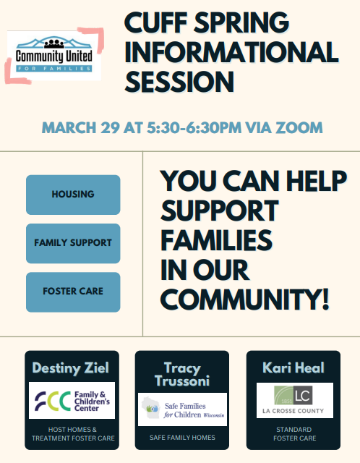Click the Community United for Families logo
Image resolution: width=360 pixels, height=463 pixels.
pos(54,56)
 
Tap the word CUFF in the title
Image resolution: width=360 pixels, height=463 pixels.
pos(156,22)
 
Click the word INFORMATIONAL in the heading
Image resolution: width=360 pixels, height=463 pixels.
pos(231,52)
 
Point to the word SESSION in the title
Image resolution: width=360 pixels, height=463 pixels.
pos(179,82)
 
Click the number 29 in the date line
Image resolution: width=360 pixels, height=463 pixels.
pos(111,128)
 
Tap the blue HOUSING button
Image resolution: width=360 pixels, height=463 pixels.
pos(73,195)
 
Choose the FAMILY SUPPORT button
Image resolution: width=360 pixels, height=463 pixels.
pos(73,243)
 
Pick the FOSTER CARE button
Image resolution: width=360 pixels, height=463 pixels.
pos(73,292)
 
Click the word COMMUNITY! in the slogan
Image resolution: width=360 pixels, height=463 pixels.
pos(244,299)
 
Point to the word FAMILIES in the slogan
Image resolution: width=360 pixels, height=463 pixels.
pos(216,240)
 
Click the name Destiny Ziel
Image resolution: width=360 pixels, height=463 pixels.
pos(71,368)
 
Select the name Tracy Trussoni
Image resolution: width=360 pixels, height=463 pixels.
pos(182,375)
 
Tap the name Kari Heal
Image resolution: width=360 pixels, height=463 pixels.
pos(293,368)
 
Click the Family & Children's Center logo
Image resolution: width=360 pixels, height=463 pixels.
pos(72,400)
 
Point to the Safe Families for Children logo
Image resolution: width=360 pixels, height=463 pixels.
pos(182,409)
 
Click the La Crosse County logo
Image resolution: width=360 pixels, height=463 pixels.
pos(295,400)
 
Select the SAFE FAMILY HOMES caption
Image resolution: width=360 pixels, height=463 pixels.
pos(182,438)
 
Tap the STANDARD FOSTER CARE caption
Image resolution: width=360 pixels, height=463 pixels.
pos(294,434)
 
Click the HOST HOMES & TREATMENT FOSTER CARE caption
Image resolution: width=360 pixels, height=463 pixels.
pos(73,434)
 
